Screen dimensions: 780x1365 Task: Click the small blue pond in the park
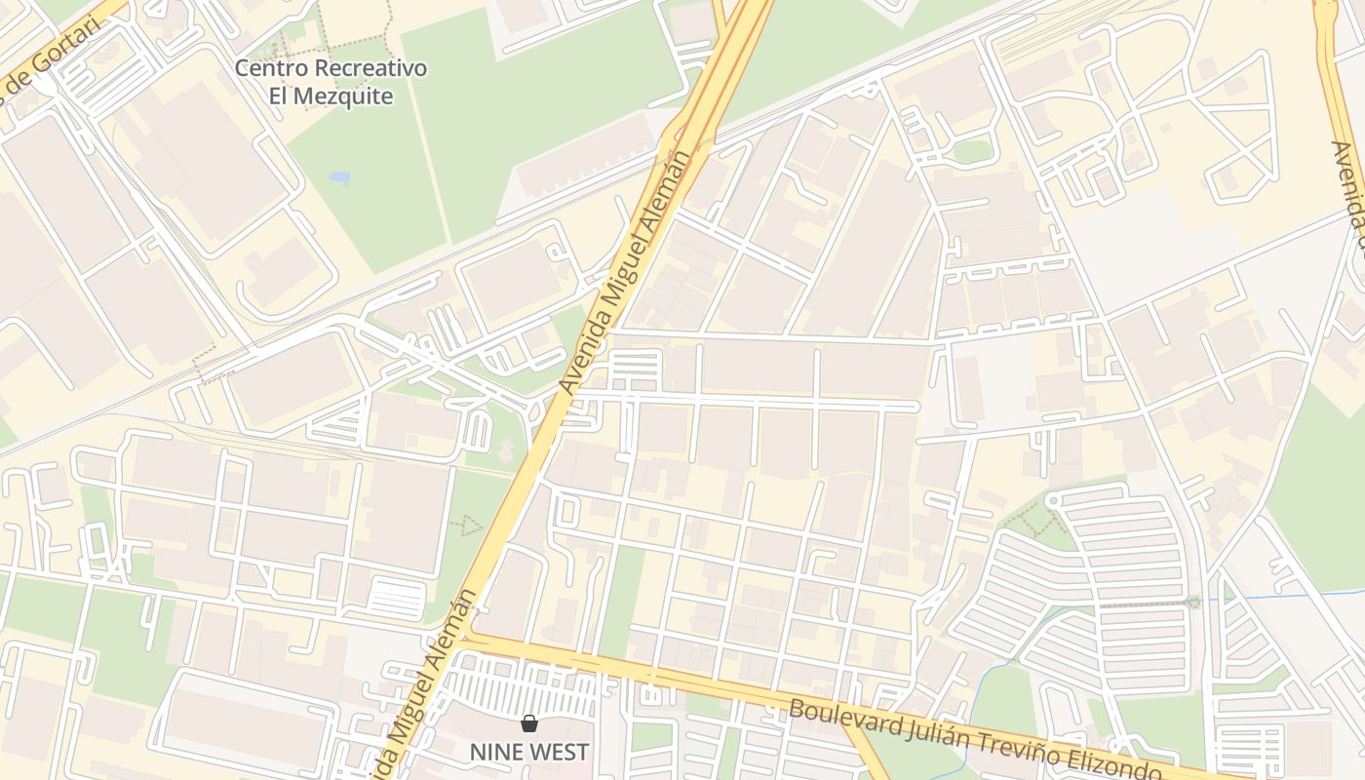coord(339,178)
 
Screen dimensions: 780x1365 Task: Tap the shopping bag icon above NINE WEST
coord(528,722)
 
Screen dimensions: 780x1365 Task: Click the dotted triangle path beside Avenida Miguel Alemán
coord(469,526)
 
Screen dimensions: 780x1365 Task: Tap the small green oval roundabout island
coord(971,151)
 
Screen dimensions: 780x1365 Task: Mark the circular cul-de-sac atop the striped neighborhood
coord(1051,500)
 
